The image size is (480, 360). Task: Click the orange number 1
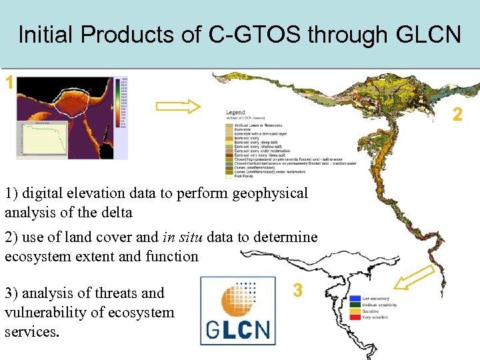point(9,83)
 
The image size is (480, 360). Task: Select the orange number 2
point(457,115)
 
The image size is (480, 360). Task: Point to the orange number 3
point(298,290)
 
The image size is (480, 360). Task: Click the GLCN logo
point(237,311)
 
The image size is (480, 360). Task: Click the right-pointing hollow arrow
point(178,106)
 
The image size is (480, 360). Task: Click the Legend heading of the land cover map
point(235,113)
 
